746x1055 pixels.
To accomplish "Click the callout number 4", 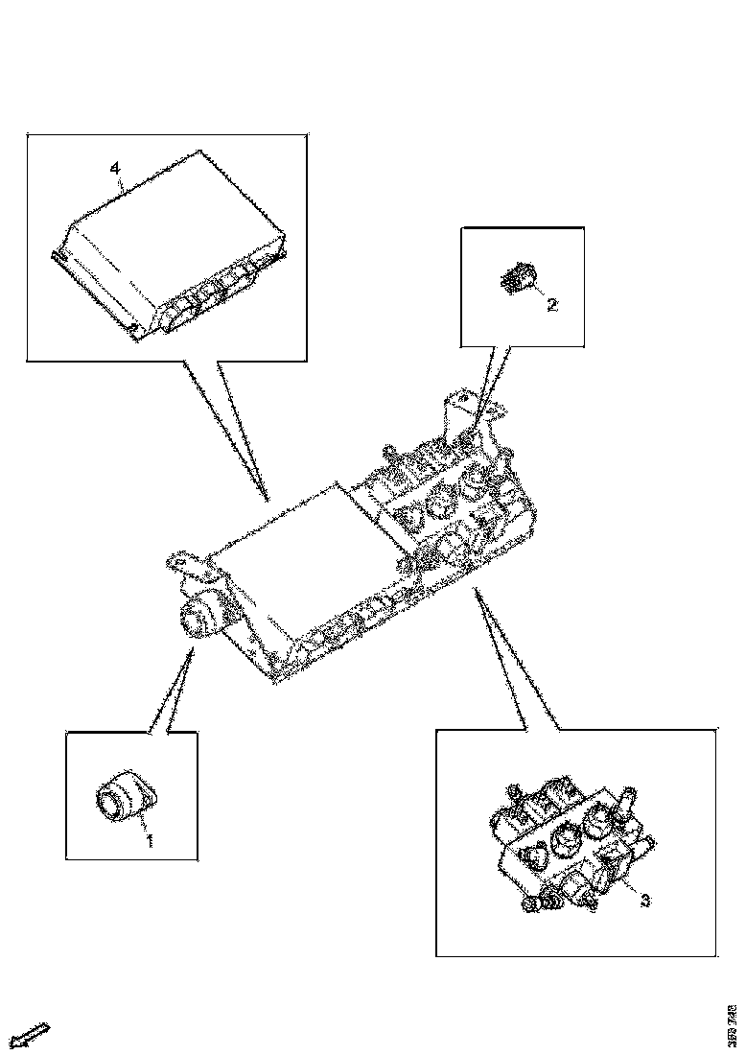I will pos(115,169).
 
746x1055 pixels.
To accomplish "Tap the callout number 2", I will pos(551,305).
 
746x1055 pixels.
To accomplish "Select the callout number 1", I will pos(149,841).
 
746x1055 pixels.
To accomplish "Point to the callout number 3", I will pos(645,900).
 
